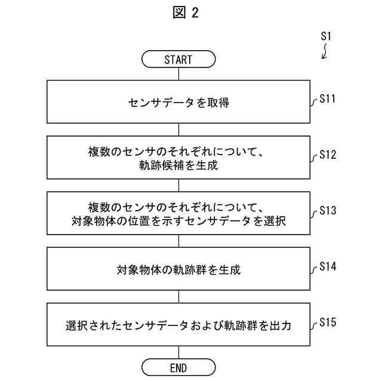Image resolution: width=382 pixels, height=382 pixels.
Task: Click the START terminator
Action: (178, 59)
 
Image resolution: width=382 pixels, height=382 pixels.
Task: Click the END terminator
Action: (178, 366)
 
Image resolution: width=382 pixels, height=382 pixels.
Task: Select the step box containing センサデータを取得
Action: (178, 103)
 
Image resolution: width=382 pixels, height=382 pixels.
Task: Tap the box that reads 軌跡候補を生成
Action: (178, 158)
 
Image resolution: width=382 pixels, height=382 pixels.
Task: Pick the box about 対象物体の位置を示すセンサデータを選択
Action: (178, 214)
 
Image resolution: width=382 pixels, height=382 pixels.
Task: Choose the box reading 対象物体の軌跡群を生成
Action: (178, 269)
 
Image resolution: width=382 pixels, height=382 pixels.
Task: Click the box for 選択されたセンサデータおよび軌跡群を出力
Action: (178, 325)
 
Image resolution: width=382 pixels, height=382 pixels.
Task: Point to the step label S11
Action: (328, 99)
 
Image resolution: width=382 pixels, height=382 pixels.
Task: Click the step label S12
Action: (328, 155)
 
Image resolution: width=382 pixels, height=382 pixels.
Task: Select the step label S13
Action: (328, 210)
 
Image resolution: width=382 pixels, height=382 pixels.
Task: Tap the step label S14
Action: (328, 266)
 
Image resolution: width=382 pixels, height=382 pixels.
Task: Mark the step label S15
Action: (328, 322)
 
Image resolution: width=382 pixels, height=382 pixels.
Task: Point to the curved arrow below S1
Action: (325, 53)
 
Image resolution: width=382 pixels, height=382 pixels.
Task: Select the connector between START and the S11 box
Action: (178, 73)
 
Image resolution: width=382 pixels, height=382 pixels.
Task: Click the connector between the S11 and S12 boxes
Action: (178, 130)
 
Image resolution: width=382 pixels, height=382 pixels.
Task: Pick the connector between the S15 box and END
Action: (178, 352)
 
